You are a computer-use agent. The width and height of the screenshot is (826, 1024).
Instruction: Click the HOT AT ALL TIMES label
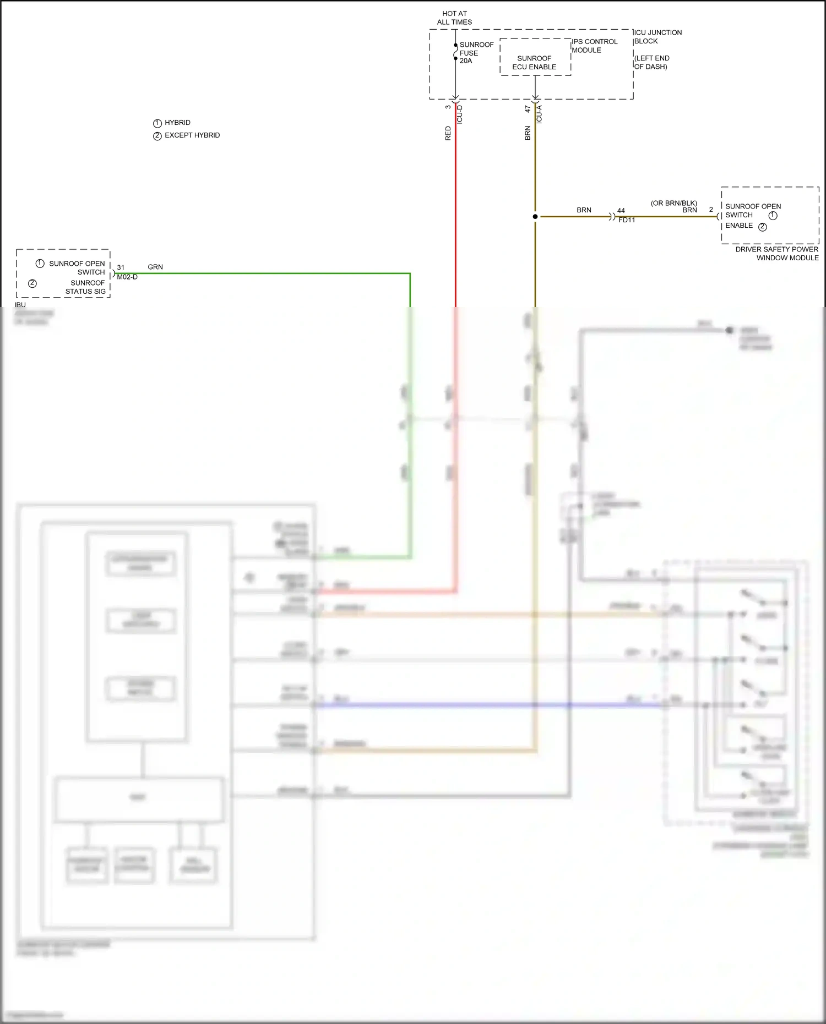454,18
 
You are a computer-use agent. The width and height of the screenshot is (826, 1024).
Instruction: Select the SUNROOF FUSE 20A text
476,53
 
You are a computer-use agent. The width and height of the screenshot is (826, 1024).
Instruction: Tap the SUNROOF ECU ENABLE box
534,62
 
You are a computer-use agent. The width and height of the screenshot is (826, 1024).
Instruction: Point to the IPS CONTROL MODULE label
594,46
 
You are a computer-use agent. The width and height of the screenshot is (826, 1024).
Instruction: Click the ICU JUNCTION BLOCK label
657,37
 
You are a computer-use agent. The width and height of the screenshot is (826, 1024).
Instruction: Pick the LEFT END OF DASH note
651,62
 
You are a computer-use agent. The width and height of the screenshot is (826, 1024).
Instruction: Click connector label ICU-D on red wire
460,114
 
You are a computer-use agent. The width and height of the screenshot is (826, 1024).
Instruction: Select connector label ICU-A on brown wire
539,114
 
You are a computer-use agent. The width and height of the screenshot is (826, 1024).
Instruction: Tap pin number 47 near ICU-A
528,109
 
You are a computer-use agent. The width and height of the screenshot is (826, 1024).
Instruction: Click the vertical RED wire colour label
448,133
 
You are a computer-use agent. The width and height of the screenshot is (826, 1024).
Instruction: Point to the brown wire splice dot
535,217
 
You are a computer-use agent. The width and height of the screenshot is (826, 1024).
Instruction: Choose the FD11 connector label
627,220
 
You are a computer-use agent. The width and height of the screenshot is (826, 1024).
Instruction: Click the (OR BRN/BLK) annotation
673,203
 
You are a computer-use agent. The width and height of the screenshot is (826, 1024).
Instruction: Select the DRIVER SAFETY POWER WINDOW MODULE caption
777,254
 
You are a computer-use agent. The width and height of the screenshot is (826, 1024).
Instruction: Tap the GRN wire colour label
155,267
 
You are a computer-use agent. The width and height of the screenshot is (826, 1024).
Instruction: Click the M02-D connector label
127,277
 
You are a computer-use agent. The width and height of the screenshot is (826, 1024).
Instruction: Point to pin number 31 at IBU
121,267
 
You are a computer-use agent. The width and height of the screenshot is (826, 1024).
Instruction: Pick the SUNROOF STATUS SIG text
85,287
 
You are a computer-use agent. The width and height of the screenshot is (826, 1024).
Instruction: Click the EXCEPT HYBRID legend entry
192,135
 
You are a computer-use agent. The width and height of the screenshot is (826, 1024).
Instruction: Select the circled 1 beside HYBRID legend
157,123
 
